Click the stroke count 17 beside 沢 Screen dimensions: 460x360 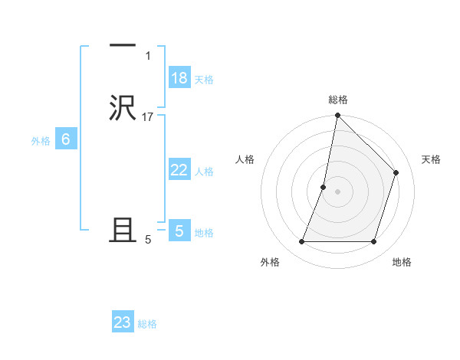148,116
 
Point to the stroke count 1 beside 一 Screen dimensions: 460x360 147,56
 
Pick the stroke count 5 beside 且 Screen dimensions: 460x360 148,239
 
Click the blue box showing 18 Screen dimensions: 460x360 179,78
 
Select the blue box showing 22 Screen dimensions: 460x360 179,170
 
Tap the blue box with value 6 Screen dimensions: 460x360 66,139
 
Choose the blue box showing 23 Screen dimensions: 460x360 123,322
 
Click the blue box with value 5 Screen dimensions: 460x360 179,231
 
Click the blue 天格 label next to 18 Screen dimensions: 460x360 204,80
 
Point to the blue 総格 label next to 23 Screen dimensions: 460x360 147,324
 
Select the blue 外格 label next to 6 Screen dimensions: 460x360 41,141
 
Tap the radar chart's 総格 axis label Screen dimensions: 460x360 337,100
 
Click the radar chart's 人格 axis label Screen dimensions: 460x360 245,159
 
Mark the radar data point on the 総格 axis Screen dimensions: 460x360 337,116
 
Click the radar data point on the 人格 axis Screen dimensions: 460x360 324,187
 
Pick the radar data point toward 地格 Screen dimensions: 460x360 373,242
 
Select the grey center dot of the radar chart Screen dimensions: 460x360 337,191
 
